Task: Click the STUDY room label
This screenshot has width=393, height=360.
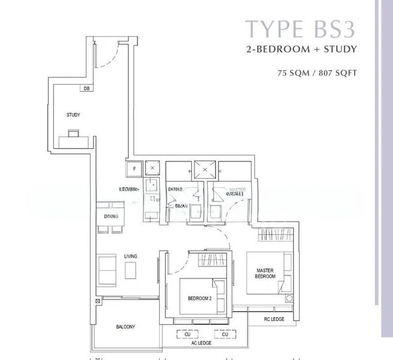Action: tap(73, 115)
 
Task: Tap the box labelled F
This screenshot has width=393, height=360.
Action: tap(133, 169)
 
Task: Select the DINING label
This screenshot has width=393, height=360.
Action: tap(111, 217)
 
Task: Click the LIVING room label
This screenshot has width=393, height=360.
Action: tap(131, 256)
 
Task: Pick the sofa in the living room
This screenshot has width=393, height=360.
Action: tap(107, 270)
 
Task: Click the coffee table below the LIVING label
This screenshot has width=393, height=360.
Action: tap(131, 271)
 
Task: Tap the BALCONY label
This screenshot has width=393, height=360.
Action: tap(125, 327)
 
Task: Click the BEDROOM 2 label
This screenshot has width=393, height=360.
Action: tap(199, 298)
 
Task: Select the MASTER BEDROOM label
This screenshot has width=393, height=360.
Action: tap(265, 274)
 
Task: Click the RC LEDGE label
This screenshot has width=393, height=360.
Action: tap(274, 319)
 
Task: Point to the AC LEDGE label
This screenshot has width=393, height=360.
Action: tap(202, 344)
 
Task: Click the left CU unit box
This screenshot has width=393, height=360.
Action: tap(188, 334)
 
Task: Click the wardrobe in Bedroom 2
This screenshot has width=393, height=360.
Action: tap(211, 260)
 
